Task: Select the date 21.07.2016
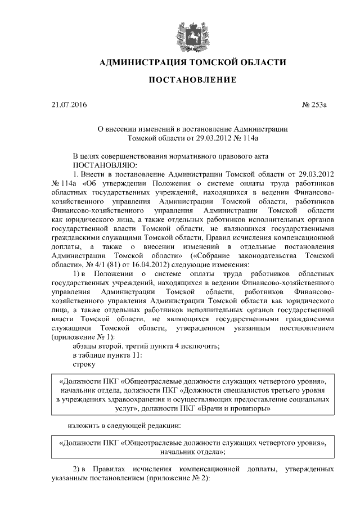pyautogui.click(x=70, y=105)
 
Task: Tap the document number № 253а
pyautogui.click(x=319, y=105)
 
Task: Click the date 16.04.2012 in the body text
pyautogui.click(x=152, y=265)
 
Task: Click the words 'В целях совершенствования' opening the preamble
pyautogui.click(x=120, y=155)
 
